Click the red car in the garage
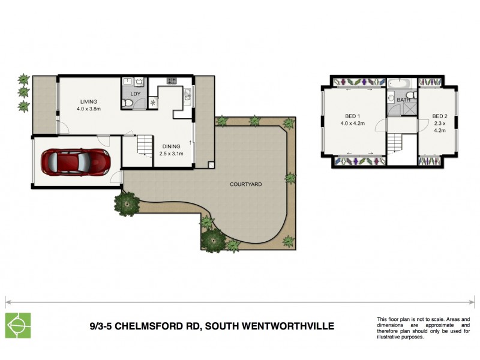click(x=75, y=161)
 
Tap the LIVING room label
click(x=89, y=101)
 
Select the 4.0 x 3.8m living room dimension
click(x=89, y=109)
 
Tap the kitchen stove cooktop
click(x=171, y=80)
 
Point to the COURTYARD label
click(x=246, y=184)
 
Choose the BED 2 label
click(x=440, y=116)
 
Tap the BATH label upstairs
click(x=403, y=100)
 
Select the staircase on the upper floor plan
click(x=394, y=143)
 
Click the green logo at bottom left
click(x=17, y=326)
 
